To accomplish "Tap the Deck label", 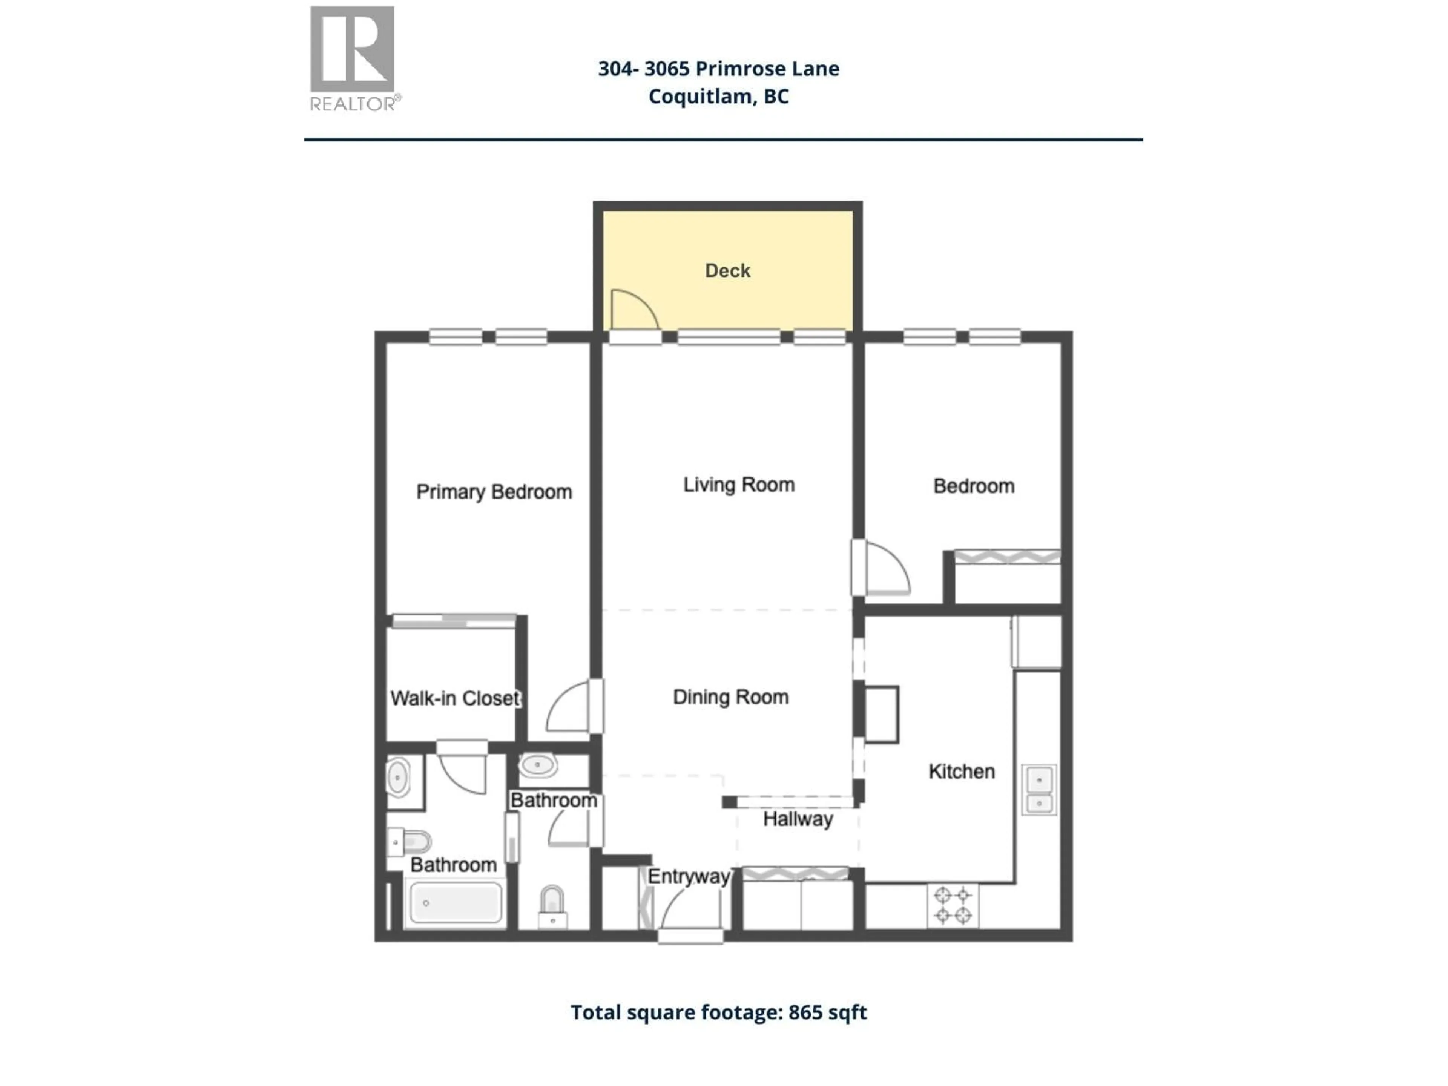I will pos(727,270).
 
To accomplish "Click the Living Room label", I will pos(738,485).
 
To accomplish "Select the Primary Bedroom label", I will pos(494,492).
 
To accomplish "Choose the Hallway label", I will pos(797,819).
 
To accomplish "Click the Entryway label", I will pos(688,876).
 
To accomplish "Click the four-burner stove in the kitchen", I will pos(953,905).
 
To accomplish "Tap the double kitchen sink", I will pos(1039,790).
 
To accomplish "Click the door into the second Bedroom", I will pos(885,568).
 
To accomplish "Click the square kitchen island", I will pos(882,714).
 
